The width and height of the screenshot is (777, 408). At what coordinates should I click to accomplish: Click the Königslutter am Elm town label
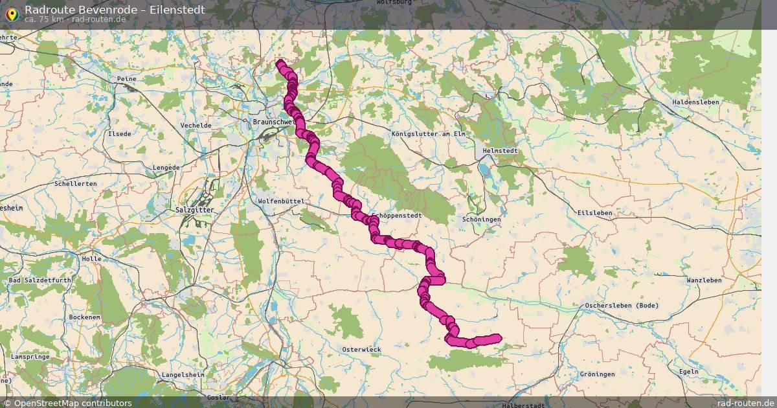(429, 134)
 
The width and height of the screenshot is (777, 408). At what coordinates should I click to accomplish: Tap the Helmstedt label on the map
(501, 151)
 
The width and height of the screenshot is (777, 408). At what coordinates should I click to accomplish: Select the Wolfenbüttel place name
(281, 201)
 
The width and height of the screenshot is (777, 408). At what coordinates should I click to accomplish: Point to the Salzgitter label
(194, 210)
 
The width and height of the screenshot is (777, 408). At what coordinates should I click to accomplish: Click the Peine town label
(126, 79)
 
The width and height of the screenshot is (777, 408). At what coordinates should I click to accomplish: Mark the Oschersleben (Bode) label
(622, 306)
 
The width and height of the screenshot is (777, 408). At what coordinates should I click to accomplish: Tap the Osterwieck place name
(361, 350)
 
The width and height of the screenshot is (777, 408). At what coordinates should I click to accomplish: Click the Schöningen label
(482, 220)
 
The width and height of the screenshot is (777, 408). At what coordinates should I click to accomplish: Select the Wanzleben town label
(704, 280)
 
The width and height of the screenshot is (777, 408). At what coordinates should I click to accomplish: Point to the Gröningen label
(597, 374)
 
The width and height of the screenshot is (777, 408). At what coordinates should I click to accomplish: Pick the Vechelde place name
(196, 125)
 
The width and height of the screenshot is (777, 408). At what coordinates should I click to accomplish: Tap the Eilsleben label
(594, 212)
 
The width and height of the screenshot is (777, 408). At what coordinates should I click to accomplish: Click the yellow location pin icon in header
(12, 12)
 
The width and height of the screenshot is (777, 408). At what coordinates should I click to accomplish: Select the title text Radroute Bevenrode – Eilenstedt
(115, 10)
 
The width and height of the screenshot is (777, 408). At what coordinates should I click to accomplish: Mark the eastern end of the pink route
(497, 337)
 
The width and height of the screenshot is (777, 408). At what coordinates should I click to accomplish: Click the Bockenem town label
(85, 317)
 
